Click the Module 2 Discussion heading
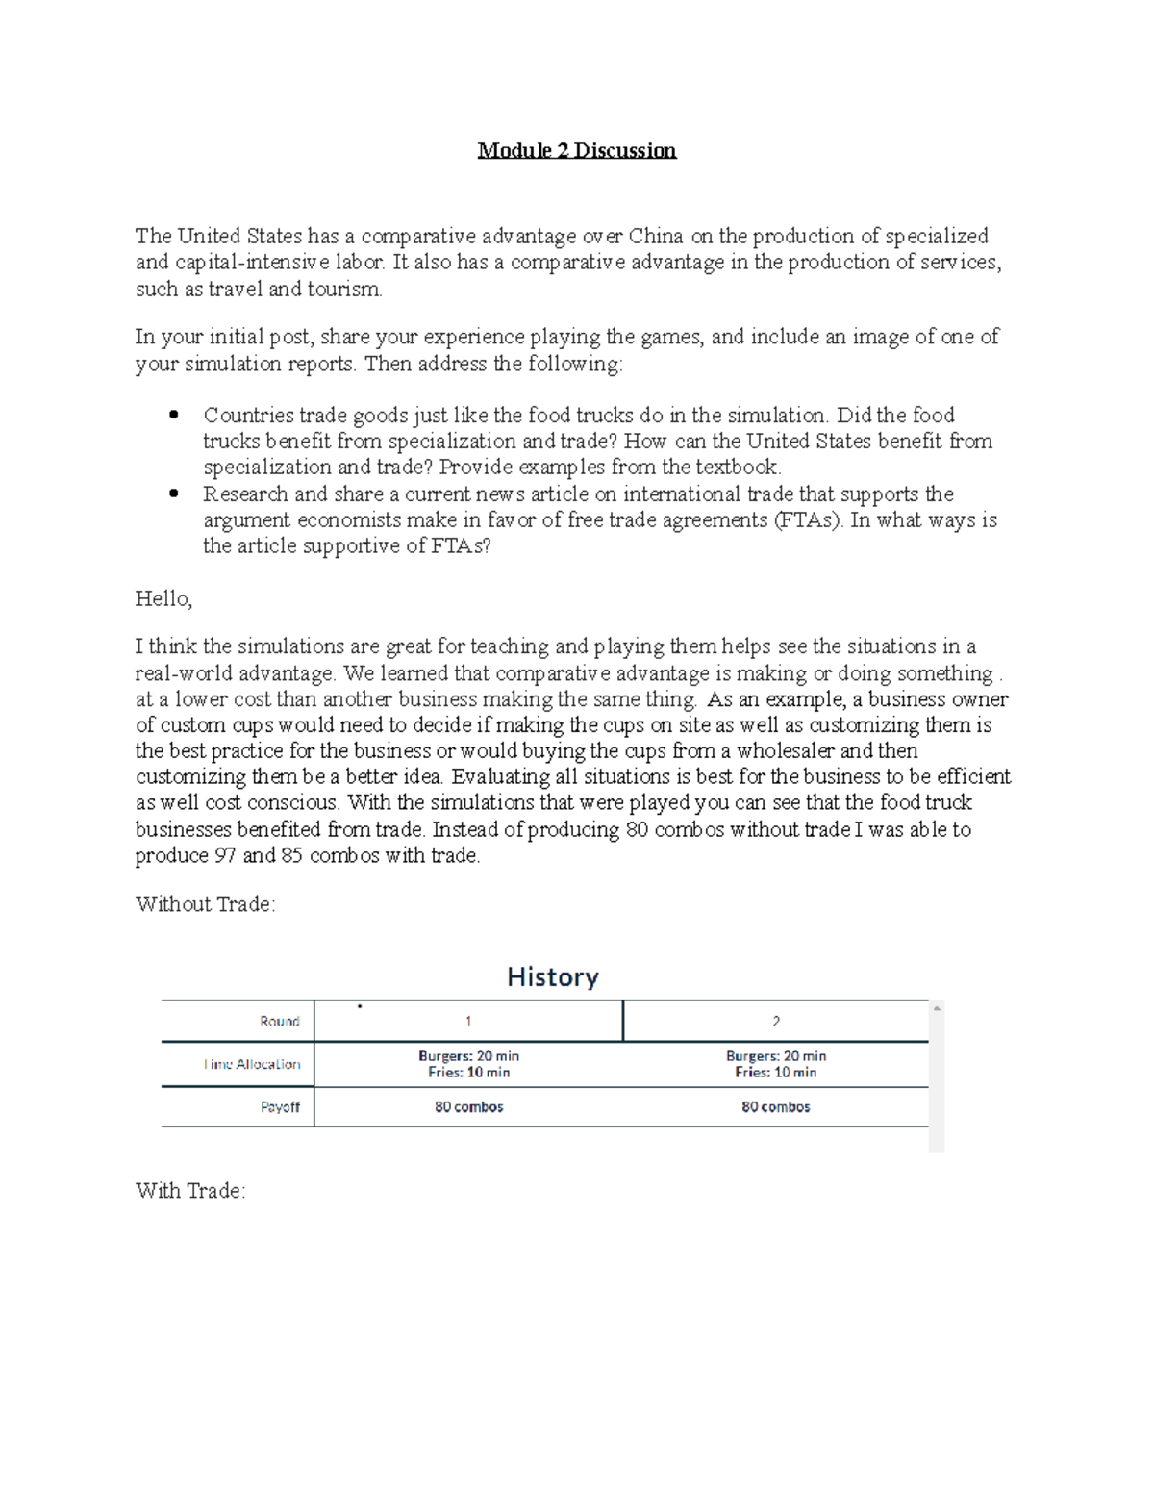577,151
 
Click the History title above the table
553,977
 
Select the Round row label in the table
280,1022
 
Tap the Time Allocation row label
252,1064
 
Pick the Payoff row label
280,1107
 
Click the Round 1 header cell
468,1022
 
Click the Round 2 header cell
775,1022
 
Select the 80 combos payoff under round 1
468,1107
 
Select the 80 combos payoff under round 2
775,1107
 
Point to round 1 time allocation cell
468,1064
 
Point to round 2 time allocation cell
775,1064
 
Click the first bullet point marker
174,416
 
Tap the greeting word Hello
163,599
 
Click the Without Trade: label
206,904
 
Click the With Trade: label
190,1191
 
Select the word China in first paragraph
656,237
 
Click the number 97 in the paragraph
225,855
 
